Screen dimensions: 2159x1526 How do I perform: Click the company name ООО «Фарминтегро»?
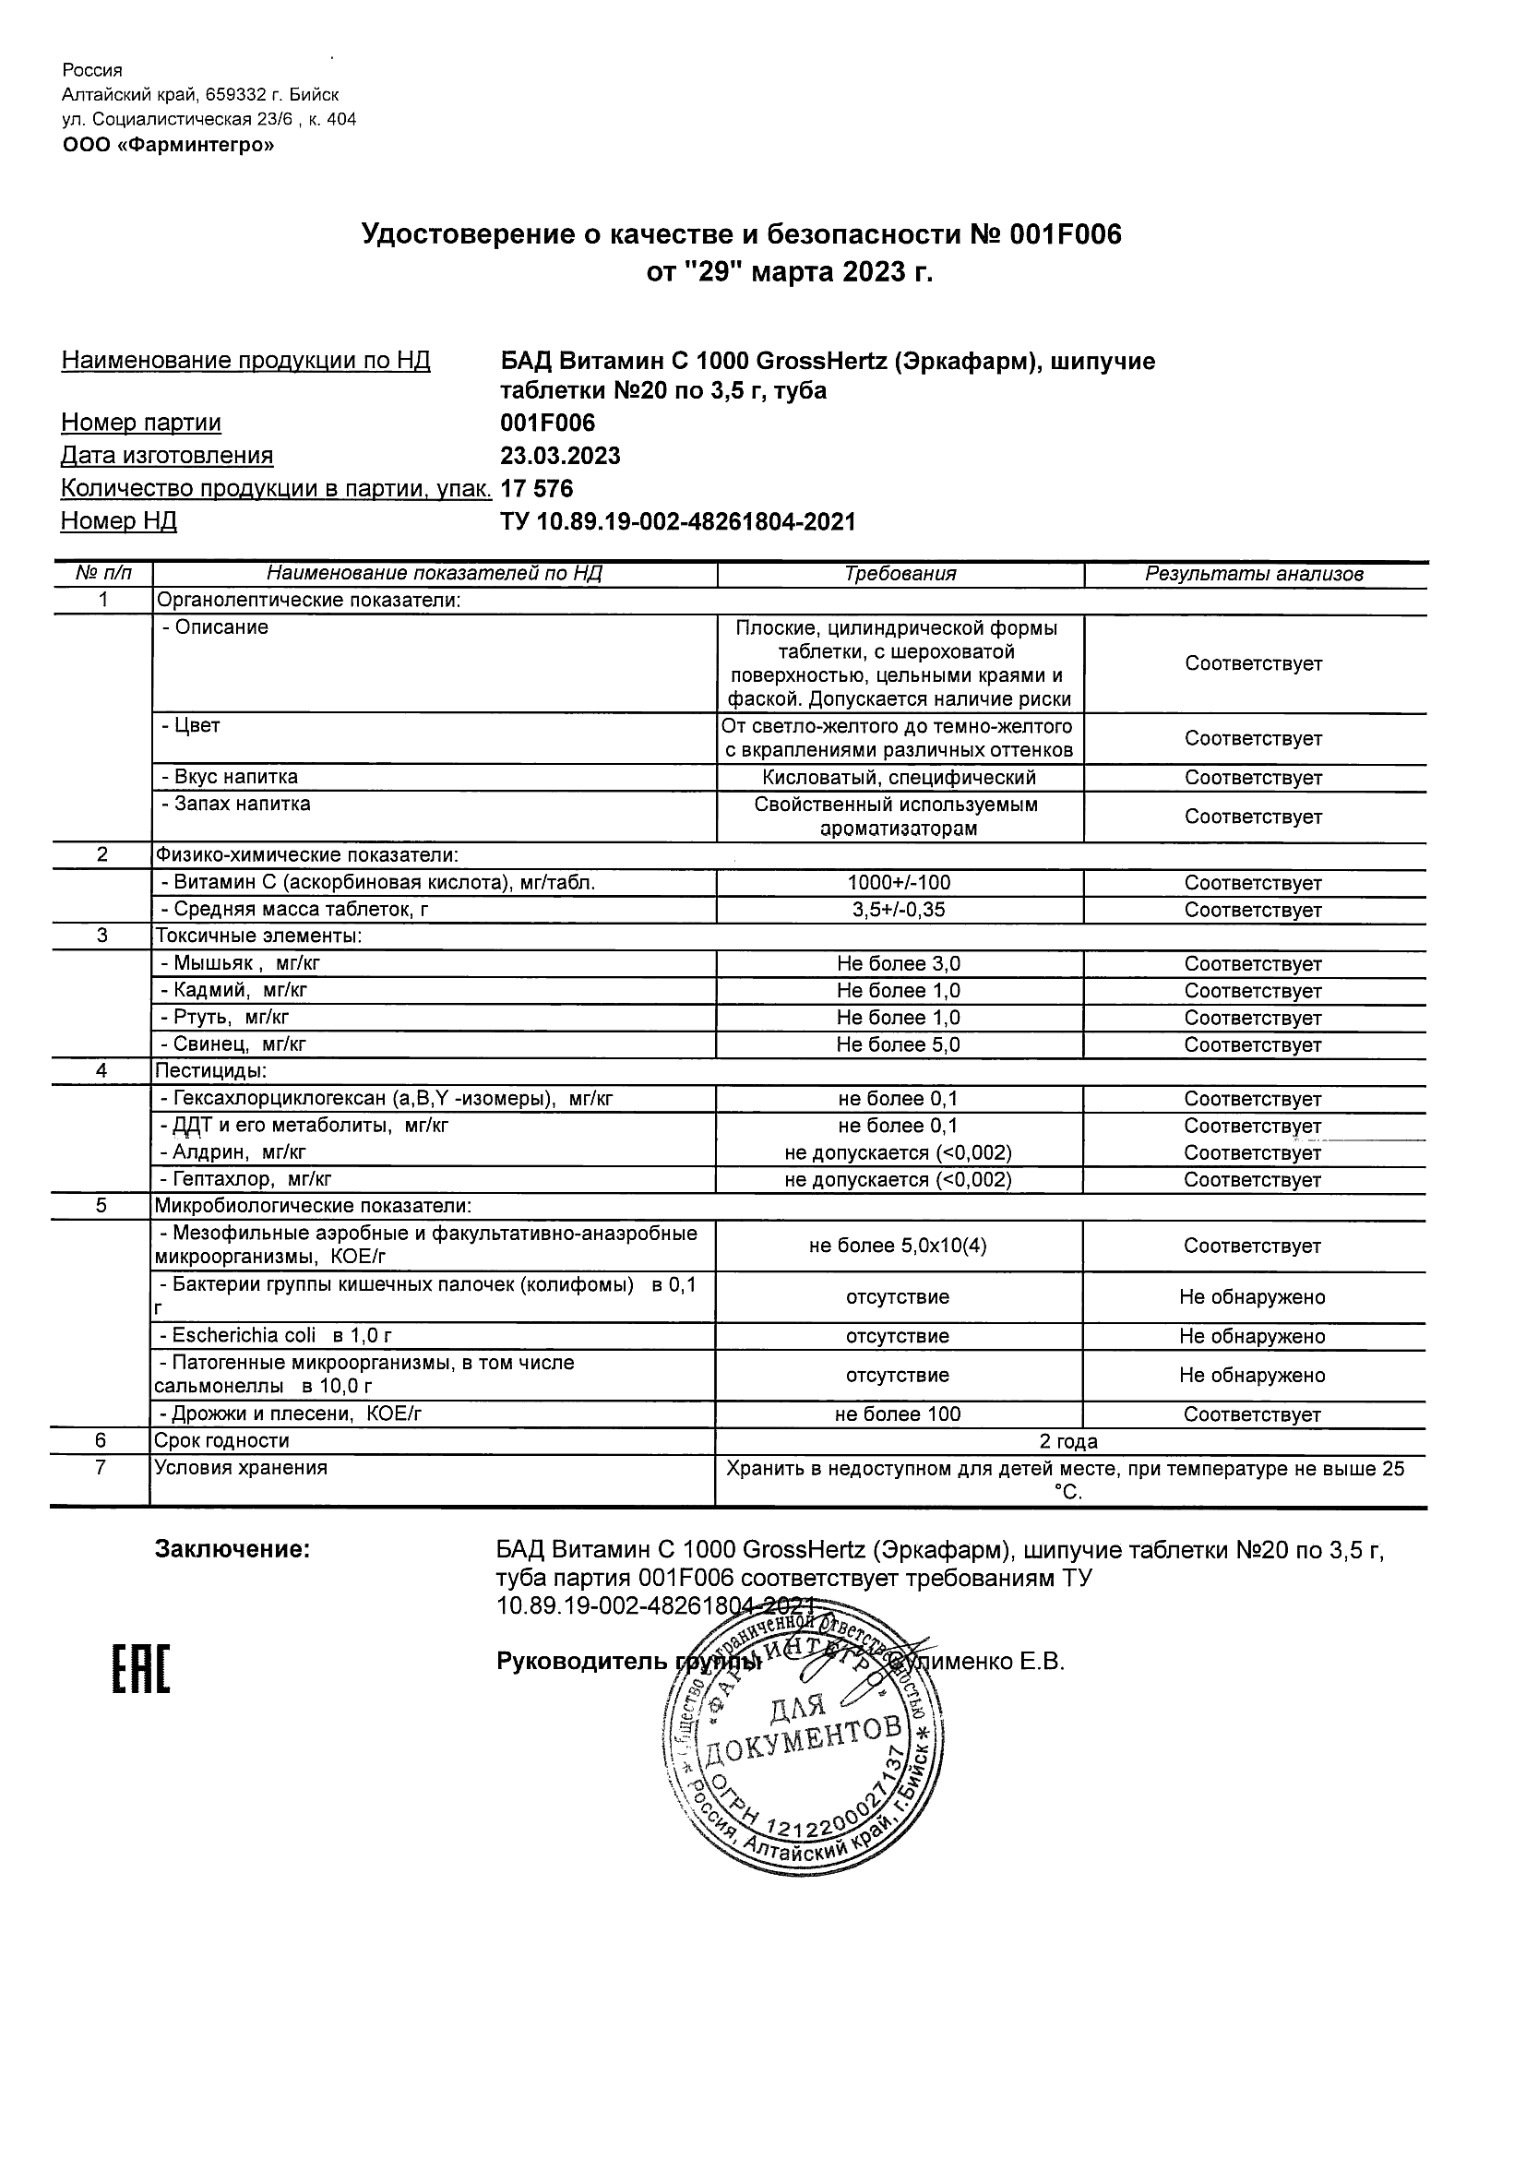click(168, 145)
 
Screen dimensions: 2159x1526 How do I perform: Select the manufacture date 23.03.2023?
click(560, 456)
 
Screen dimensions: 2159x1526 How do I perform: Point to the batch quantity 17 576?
click(537, 489)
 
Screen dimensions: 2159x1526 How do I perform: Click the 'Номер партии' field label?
click(141, 423)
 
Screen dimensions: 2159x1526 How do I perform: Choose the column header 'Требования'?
click(900, 574)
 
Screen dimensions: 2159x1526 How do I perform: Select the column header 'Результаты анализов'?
click(1253, 574)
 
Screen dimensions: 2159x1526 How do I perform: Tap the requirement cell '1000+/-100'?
click(899, 883)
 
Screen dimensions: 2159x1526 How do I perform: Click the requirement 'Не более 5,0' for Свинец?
click(899, 1044)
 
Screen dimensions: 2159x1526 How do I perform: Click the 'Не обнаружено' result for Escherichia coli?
click(1252, 1336)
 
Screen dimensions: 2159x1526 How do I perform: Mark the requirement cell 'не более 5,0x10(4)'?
click(898, 1246)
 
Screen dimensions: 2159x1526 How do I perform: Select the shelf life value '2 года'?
click(1068, 1441)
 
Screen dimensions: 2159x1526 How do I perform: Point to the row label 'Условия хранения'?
click(241, 1468)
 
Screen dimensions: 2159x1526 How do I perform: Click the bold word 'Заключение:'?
click(232, 1549)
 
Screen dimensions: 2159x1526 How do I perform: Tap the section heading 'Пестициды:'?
click(210, 1071)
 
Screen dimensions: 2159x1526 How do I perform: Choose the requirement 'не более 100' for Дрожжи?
click(898, 1414)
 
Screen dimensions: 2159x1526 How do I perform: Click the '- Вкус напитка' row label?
click(231, 777)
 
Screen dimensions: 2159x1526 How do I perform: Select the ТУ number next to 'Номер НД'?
click(678, 522)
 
